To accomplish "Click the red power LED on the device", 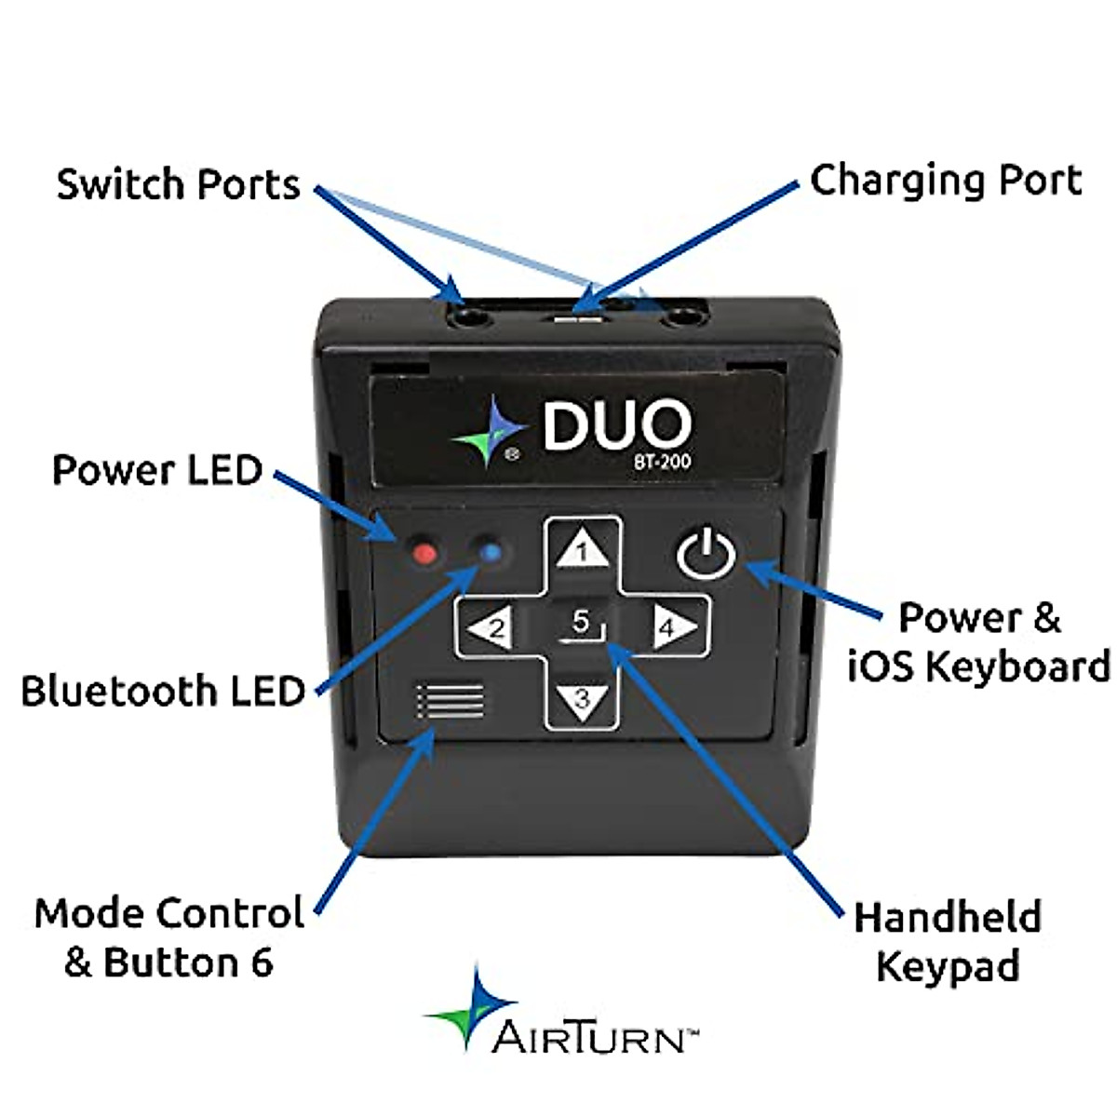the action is pos(424,554).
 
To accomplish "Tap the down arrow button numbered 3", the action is pos(582,697).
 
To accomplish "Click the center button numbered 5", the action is pos(581,624).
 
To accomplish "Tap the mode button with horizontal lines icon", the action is pos(451,700).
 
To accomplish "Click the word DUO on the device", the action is pos(616,425).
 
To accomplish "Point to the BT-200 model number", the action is pos(664,461).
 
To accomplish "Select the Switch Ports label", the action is pos(179,184).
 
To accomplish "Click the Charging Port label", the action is pos(946,181).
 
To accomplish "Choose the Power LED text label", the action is pos(157,470).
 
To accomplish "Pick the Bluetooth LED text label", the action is pos(164,692).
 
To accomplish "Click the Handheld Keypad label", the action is pos(948,940).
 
